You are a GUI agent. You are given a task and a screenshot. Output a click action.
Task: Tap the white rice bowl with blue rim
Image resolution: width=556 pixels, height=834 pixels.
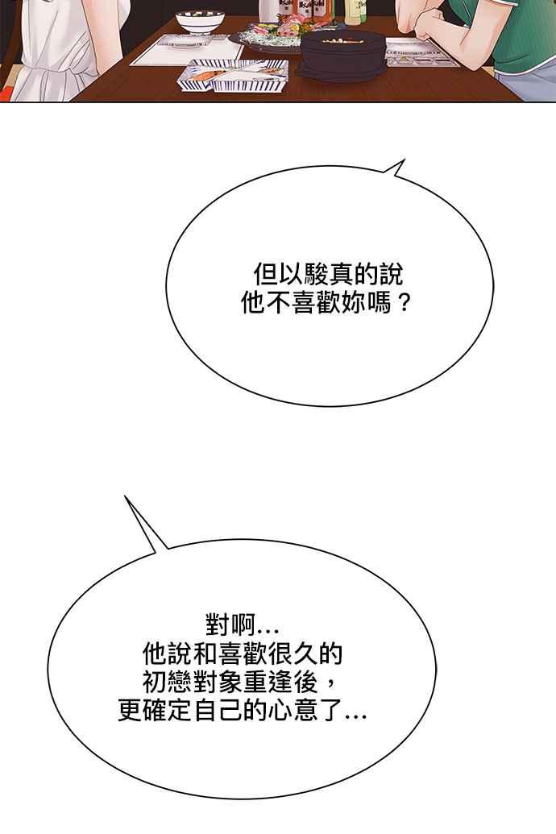click(x=200, y=22)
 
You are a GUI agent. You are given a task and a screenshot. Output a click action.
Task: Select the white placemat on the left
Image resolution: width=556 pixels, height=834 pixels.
click(x=186, y=50)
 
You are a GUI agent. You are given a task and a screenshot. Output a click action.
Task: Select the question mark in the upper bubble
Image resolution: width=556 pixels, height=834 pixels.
click(x=404, y=304)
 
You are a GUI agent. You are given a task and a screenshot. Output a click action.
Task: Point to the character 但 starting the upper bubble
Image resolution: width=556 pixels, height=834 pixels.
click(x=265, y=275)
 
